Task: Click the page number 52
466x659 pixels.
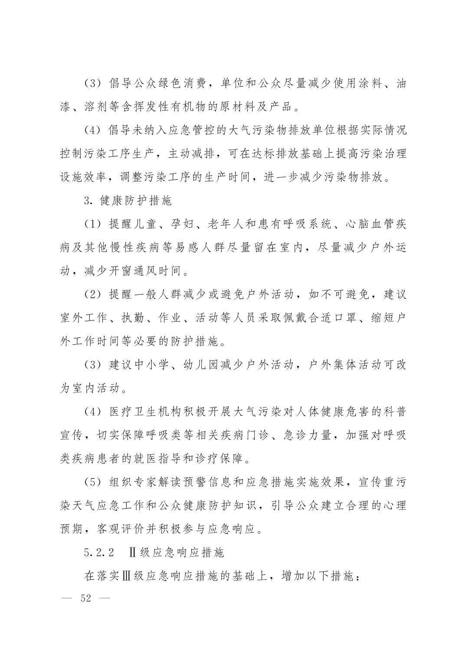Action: (86, 599)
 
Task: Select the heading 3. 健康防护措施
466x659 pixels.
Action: (128, 201)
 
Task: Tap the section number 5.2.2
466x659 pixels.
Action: (99, 553)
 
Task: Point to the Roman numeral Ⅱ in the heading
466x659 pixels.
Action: (133, 553)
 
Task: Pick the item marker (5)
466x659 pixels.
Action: (93, 482)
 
